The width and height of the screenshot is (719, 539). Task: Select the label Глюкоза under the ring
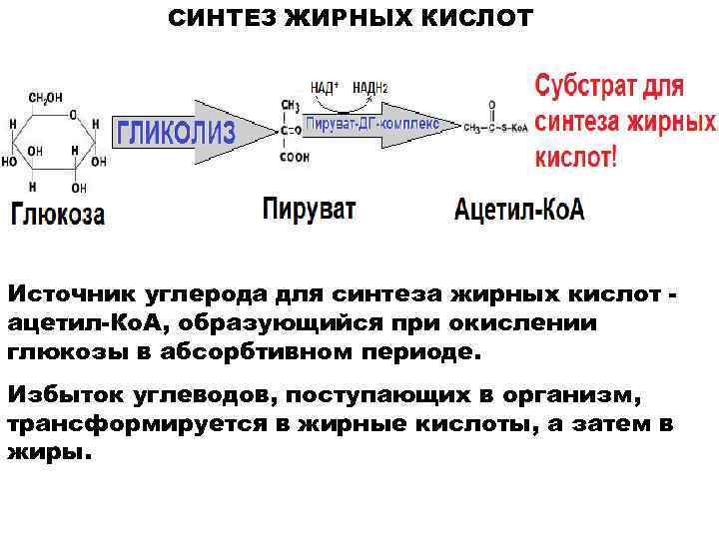coord(58,215)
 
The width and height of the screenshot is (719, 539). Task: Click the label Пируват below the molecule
coord(309,211)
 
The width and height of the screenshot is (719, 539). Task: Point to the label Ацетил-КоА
coord(519,211)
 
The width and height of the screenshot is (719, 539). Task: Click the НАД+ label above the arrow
coord(326,88)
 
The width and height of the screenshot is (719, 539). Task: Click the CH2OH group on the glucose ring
coord(45,98)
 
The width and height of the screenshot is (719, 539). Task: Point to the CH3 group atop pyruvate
coord(291,104)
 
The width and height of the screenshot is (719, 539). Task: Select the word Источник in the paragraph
coord(70,295)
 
